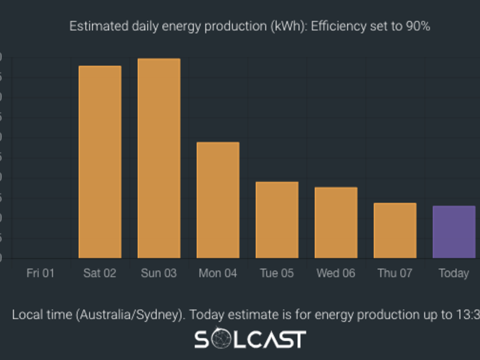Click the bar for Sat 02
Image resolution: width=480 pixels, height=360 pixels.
point(100,162)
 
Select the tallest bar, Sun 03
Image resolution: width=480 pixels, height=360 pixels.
point(159,158)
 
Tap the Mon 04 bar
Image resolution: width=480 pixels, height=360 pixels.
point(218,200)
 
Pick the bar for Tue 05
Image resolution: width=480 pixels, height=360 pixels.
point(277,220)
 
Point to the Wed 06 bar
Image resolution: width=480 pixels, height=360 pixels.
point(335,222)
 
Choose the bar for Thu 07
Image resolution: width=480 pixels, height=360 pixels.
point(395,230)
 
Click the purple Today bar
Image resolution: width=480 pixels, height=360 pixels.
point(454,232)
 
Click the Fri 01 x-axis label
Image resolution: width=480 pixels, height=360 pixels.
point(40,273)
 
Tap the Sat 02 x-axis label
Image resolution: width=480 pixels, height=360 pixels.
point(100,273)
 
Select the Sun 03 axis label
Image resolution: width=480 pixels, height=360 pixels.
point(159,273)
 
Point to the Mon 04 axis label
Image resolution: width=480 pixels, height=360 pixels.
point(218,273)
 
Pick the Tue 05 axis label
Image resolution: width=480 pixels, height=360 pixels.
point(277,273)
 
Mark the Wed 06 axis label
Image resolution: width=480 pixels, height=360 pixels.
point(335,273)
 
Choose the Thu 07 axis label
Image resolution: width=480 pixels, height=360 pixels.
point(395,273)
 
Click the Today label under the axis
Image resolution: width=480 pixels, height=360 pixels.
point(453,273)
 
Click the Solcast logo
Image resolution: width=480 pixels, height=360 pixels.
point(250,339)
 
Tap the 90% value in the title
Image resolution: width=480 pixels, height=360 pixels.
point(418,26)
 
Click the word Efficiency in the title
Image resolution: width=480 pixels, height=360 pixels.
point(334,26)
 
